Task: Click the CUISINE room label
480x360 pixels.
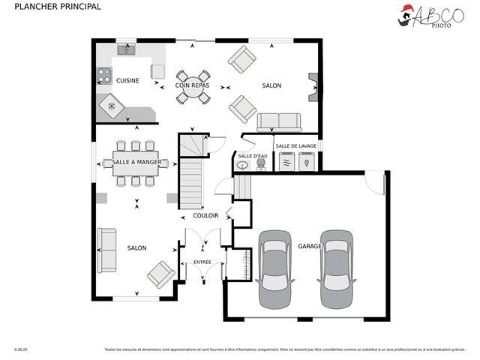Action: point(127,81)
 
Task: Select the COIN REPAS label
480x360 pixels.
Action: point(193,86)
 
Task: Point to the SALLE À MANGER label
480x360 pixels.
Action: point(136,162)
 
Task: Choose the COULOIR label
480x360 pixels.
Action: point(205,216)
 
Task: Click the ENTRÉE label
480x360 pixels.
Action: point(202,262)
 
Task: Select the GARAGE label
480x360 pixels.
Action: point(310,246)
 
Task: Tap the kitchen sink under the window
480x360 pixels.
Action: point(125,50)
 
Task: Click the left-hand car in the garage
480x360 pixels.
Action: point(275,268)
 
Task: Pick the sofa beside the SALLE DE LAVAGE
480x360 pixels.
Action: point(278,121)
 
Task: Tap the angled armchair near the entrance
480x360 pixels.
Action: point(160,274)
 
